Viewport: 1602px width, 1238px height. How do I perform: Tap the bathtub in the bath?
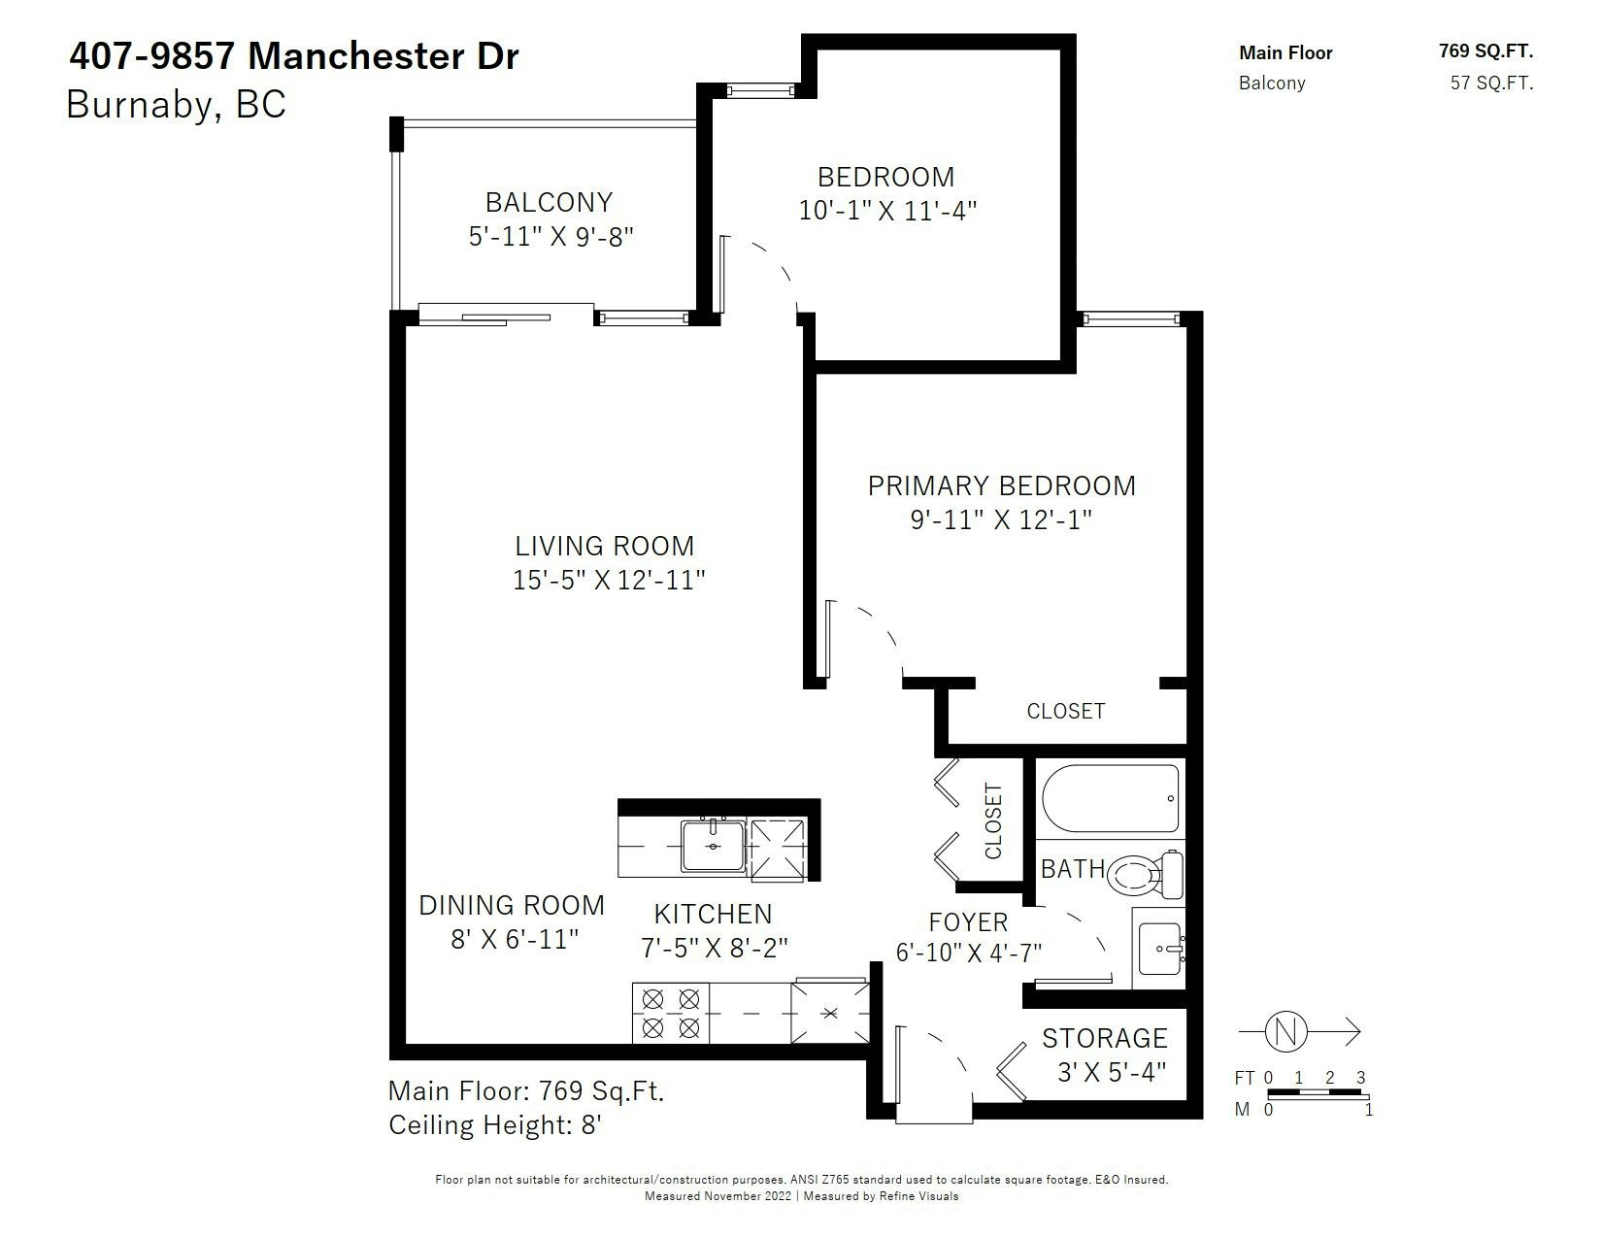coord(1111,798)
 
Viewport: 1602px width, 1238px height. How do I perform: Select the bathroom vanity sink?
coord(1160,949)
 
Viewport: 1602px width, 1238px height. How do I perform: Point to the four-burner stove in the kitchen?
coord(670,1013)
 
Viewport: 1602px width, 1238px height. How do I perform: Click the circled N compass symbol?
coord(1285,1031)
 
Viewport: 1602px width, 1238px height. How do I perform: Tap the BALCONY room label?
coord(549,202)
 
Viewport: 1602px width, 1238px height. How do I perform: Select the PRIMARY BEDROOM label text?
coord(1001,485)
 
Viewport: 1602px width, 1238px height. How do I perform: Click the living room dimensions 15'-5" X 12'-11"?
coord(609,580)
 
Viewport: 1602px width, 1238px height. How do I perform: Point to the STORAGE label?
coord(1104,1038)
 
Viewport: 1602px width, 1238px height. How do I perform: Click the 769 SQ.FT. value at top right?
coord(1485,50)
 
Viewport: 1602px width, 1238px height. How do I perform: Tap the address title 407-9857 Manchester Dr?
coord(294,56)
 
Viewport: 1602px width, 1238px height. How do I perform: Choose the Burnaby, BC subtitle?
coord(176,104)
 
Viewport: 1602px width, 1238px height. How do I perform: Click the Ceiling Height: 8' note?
coord(495,1125)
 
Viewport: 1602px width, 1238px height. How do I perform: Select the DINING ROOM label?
coord(512,906)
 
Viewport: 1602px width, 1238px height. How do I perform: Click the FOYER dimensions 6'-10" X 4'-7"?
coord(968,953)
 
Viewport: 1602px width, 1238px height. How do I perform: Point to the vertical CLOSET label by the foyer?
coord(993,820)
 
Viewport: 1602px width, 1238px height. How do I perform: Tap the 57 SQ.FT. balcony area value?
coord(1491,83)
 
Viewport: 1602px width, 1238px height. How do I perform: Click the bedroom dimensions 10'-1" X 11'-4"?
coord(887,211)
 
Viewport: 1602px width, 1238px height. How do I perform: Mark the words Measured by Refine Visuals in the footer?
coord(881,1196)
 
